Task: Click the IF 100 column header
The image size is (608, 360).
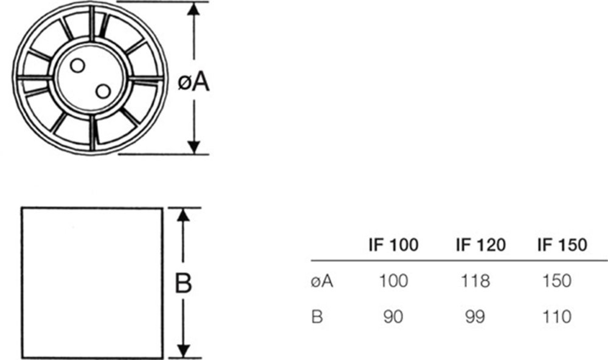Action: click(x=393, y=245)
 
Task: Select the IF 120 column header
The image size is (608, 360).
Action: click(x=480, y=245)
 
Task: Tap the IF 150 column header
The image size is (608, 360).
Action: click(x=562, y=245)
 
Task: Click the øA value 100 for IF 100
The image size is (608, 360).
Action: click(x=393, y=281)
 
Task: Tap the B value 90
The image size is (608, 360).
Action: click(x=393, y=316)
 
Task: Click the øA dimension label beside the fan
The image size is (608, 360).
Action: click(x=194, y=82)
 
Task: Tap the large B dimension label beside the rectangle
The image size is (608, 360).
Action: click(x=184, y=283)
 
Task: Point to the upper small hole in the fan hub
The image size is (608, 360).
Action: click(x=77, y=66)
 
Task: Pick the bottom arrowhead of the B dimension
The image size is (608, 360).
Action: click(x=184, y=351)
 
